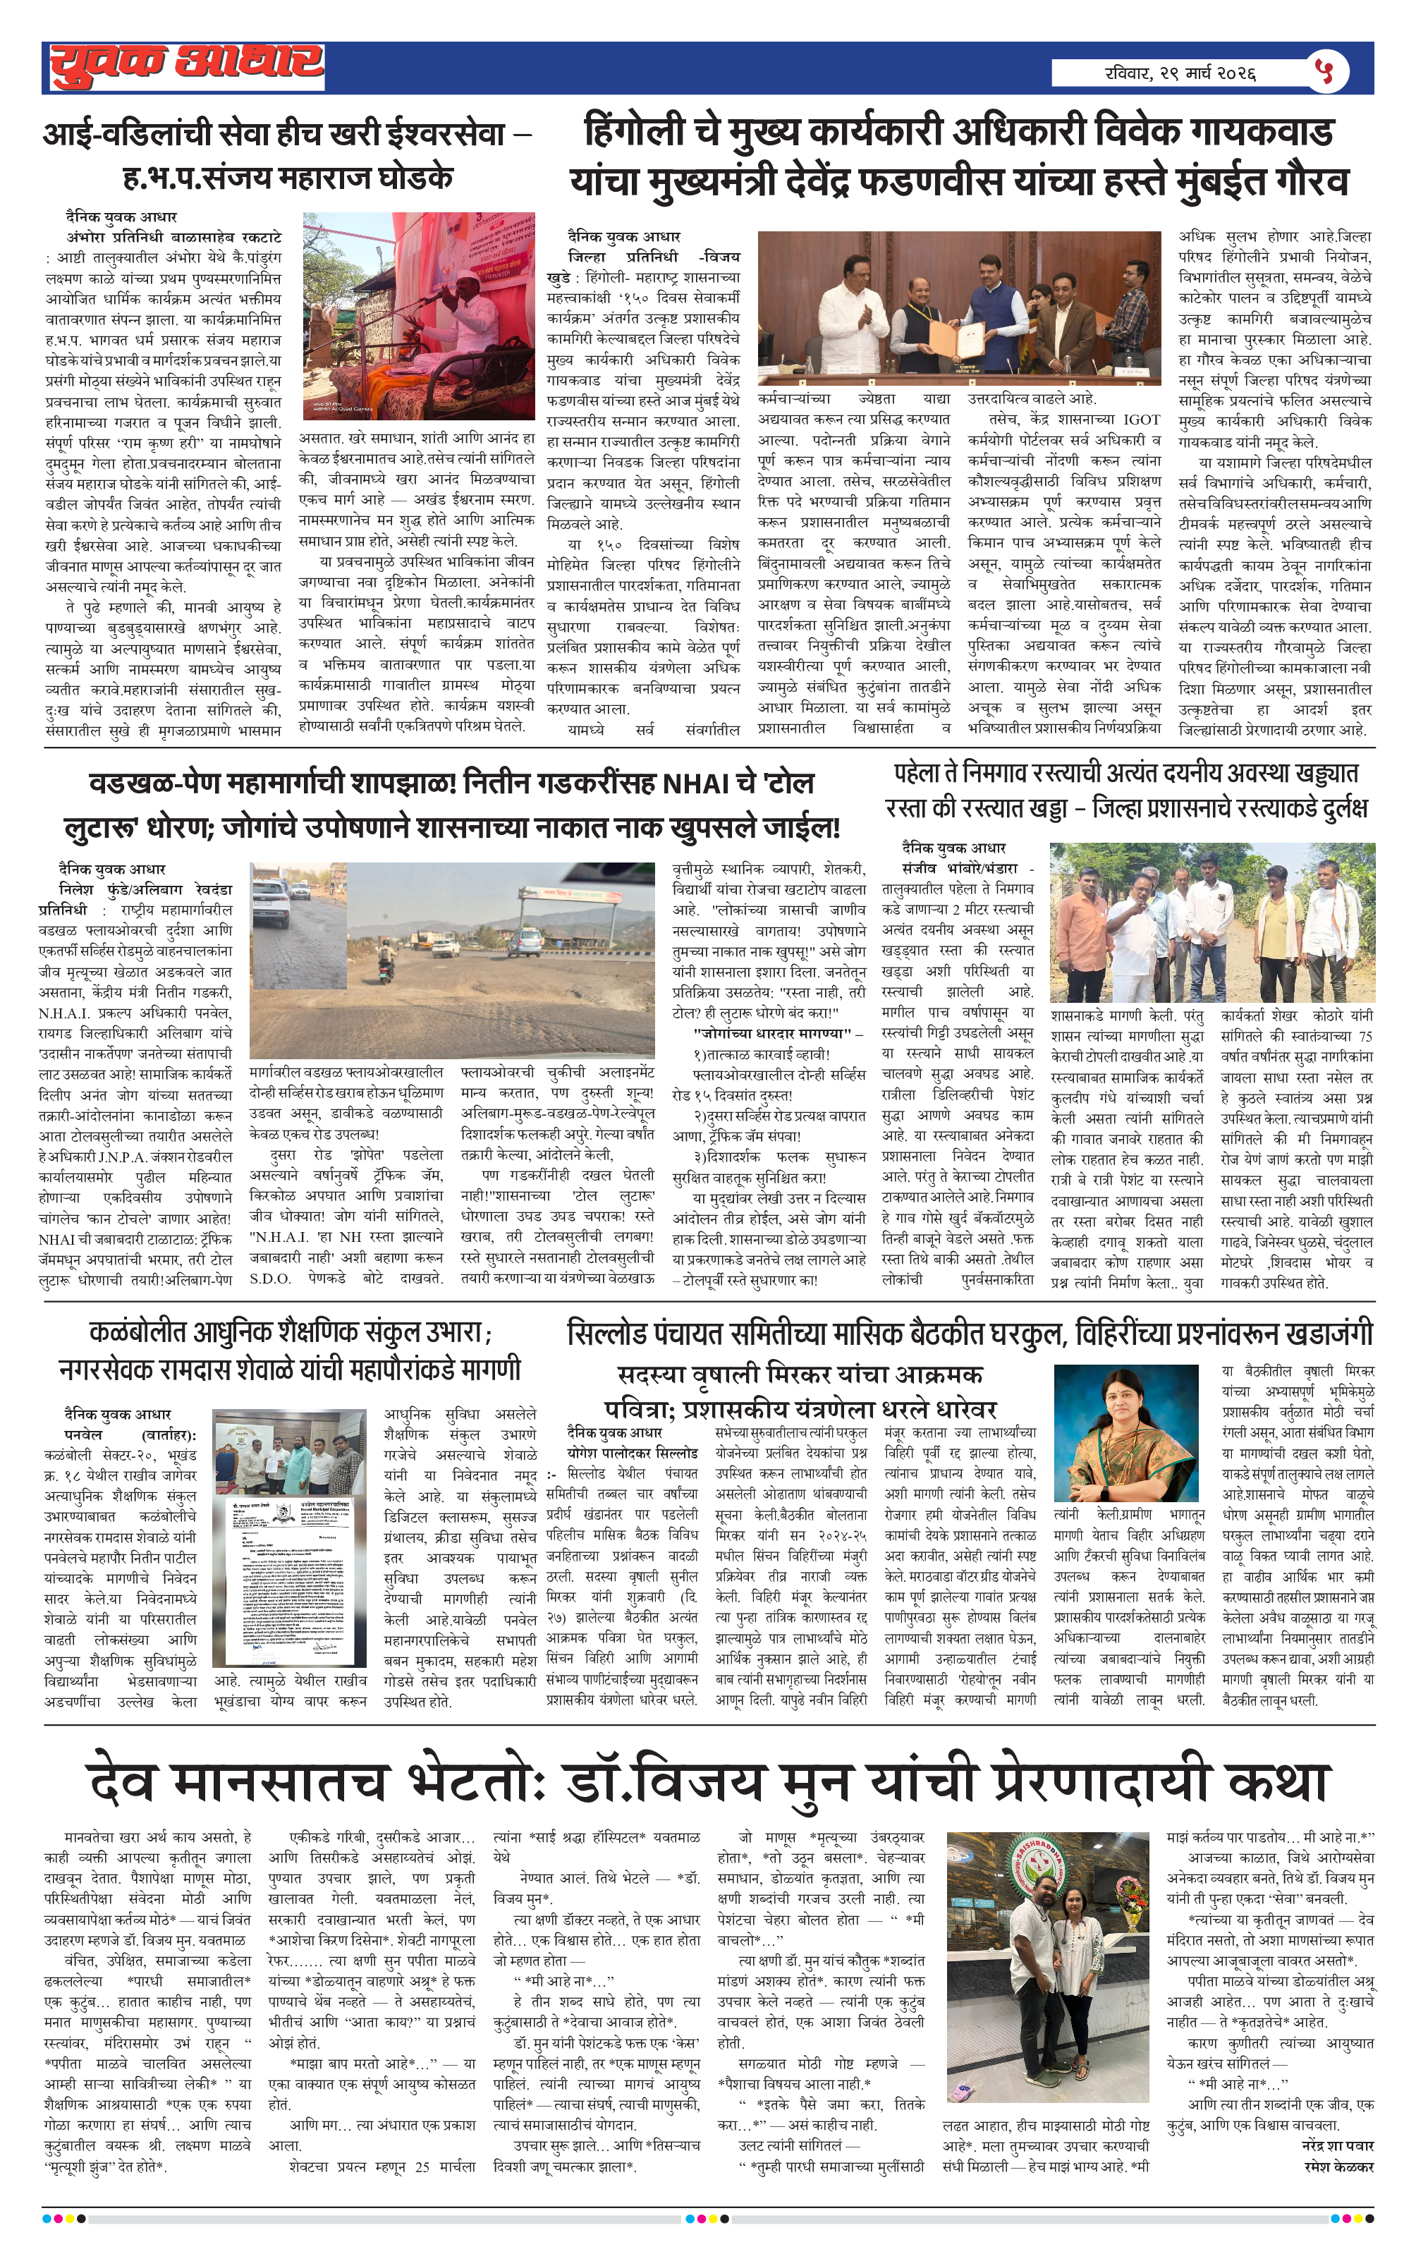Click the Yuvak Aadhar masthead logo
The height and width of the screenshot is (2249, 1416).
pos(187,66)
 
